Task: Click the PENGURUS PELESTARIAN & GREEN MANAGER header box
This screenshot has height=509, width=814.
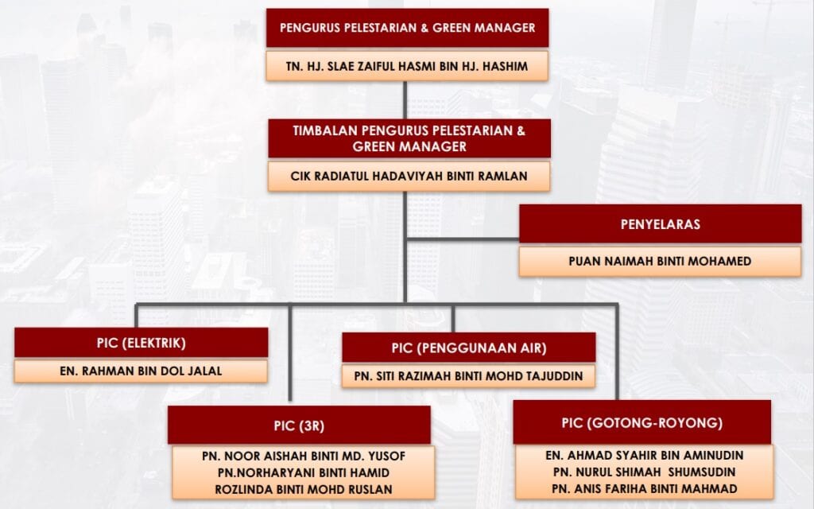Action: pos(408,28)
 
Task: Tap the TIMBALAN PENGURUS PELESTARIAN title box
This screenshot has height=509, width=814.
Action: pos(409,138)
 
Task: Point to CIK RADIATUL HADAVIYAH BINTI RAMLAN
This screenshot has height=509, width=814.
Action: pos(409,176)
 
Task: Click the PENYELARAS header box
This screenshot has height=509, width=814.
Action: pos(661,223)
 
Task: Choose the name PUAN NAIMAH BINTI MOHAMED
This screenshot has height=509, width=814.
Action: pos(660,261)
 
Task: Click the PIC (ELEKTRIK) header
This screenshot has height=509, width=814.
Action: pos(141,343)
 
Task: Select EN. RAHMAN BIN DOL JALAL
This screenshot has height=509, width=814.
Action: pos(141,371)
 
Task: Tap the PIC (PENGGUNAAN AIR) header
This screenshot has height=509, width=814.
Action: pos(469,348)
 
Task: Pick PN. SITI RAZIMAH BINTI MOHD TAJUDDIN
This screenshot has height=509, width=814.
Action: pos(469,376)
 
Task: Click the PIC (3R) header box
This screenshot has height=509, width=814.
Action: pos(299,425)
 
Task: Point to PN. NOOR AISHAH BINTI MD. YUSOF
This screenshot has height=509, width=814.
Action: pos(304,456)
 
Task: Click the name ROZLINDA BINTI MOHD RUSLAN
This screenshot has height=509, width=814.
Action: pos(304,489)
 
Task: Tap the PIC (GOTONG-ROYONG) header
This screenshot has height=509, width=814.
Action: pos(642,422)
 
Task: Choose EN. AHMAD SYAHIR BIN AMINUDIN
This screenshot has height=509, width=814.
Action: pos(644,456)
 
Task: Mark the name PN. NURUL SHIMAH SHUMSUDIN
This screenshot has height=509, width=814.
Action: pos(644,472)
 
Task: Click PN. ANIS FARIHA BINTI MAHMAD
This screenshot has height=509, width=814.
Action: pos(644,489)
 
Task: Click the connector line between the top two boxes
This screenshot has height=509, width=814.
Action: pos(405,100)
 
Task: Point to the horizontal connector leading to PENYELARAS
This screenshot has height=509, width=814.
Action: pos(463,239)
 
